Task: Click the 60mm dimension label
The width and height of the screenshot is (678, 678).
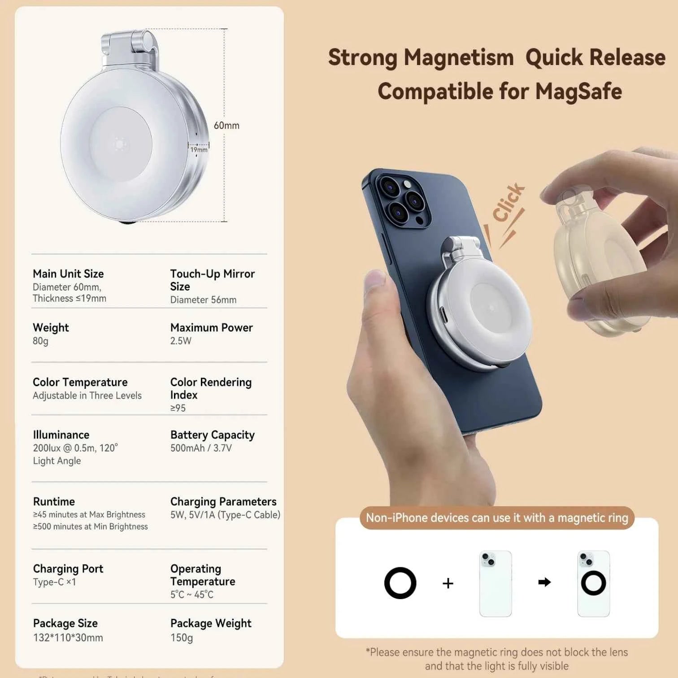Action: click(226, 126)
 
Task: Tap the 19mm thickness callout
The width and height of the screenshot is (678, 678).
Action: click(199, 150)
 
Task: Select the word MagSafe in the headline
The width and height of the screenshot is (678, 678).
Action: click(578, 91)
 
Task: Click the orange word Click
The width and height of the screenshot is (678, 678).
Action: click(508, 202)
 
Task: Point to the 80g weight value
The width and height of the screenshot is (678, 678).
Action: click(40, 341)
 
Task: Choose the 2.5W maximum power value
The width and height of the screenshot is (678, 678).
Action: click(181, 341)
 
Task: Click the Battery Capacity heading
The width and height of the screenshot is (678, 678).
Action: click(212, 435)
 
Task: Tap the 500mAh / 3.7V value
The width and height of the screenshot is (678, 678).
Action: click(201, 448)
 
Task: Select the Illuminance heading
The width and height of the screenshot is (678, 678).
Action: click(61, 435)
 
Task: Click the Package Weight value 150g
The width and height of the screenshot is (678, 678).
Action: click(182, 638)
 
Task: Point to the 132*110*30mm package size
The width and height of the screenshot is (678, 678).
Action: click(68, 638)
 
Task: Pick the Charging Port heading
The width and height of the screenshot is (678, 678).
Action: click(68, 569)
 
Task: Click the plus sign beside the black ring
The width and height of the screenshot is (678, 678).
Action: click(448, 583)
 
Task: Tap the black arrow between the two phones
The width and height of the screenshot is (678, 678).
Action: click(544, 582)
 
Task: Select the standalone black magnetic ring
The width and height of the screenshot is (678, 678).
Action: click(400, 583)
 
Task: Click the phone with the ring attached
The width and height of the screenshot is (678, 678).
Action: click(593, 583)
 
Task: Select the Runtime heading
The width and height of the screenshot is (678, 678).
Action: click(54, 502)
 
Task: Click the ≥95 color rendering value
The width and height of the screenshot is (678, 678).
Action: click(178, 408)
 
